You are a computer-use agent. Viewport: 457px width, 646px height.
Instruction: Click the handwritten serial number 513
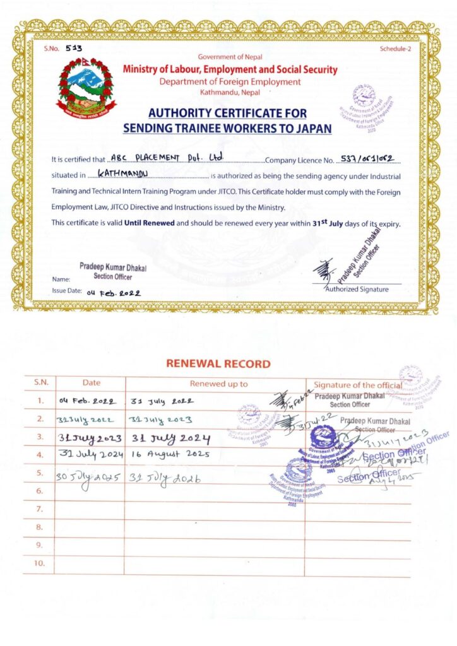(74, 48)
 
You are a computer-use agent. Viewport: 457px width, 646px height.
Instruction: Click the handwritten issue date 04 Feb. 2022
(114, 293)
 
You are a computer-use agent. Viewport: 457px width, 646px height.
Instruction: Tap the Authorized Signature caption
(357, 290)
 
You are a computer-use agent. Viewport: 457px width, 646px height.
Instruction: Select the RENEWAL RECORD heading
(218, 364)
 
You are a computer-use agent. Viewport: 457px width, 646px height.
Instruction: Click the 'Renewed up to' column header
(218, 384)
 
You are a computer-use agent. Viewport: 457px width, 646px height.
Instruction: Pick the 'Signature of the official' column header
(357, 385)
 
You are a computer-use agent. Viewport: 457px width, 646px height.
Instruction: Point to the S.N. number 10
(40, 563)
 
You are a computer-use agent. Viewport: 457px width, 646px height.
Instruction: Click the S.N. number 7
(40, 508)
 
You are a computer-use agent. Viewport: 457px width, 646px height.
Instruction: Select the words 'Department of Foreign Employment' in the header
(230, 81)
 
